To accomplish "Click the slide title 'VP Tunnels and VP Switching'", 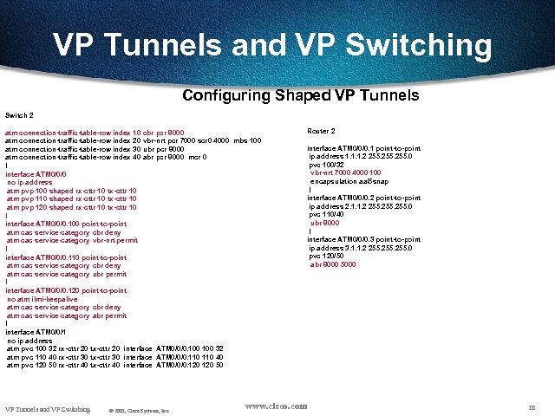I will [272, 45].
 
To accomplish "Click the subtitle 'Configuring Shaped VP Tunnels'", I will [301, 95].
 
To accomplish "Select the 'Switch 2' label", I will [19, 115].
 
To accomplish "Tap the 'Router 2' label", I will [321, 131].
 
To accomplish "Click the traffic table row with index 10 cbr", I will [94, 133].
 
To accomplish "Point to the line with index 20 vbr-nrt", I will [133, 140].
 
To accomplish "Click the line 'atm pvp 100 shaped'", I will [71, 190].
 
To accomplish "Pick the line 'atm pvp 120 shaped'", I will [71, 207].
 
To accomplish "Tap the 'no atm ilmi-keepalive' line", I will [49, 299].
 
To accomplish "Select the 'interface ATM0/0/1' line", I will [36, 332].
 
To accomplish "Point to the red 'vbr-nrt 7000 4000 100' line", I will [345, 172].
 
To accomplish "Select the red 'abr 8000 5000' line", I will [332, 264].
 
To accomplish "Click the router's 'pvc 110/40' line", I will [326, 214].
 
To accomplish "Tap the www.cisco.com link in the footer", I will [276, 406].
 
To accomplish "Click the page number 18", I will [531, 407].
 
